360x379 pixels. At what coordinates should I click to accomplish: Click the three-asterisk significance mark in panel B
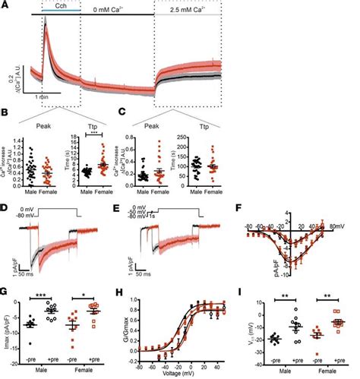point(93,133)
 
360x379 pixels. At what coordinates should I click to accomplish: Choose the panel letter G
point(5,289)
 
